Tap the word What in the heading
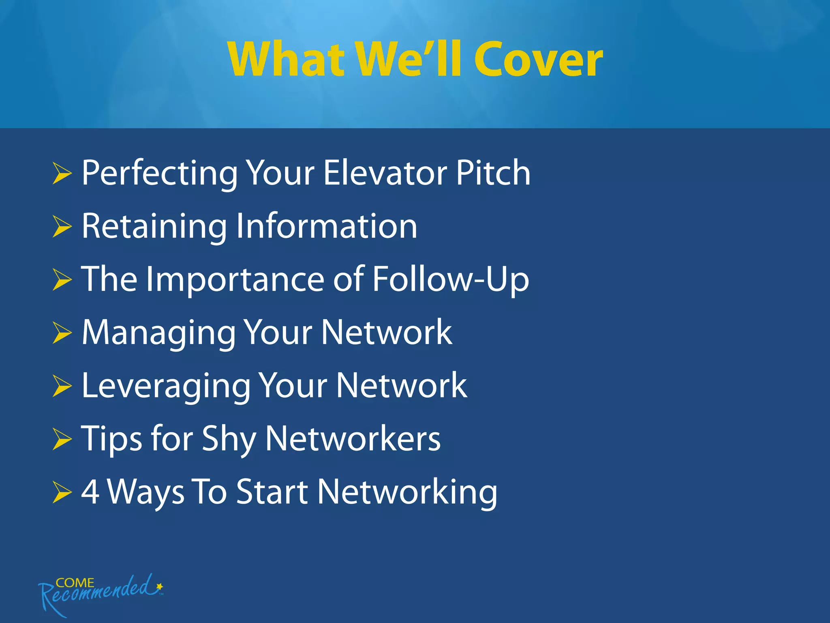pyautogui.click(x=286, y=60)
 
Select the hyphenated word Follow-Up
pyautogui.click(x=450, y=280)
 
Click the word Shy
pyautogui.click(x=229, y=440)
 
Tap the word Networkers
pyautogui.click(x=353, y=439)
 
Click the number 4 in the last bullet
pyautogui.click(x=90, y=492)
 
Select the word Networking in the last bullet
pyautogui.click(x=407, y=492)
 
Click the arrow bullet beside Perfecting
pyautogui.click(x=62, y=174)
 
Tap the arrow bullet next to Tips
pyautogui.click(x=62, y=440)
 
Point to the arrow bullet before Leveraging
pyautogui.click(x=62, y=386)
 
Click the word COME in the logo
pyautogui.click(x=75, y=583)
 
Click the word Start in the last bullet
pyautogui.click(x=272, y=492)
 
